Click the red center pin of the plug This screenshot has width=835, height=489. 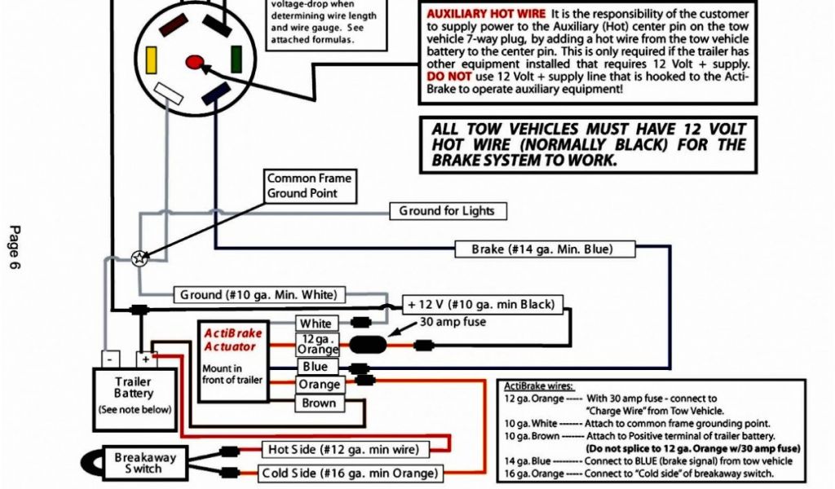point(195,60)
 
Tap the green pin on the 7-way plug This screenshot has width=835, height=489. point(236,59)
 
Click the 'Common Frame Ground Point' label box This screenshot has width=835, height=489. point(309,186)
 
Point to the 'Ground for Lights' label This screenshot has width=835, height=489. point(447,211)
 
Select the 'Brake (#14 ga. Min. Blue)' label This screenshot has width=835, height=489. point(542,249)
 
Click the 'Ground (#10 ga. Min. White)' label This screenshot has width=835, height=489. point(258,294)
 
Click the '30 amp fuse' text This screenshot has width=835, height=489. point(453,322)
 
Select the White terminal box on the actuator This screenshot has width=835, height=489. point(316,324)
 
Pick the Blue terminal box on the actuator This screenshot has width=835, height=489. point(315,366)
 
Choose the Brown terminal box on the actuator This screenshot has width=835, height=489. point(319,403)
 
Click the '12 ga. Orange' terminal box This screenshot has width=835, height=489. point(316,344)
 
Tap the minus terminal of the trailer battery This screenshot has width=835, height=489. point(110,359)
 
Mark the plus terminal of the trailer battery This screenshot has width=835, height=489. point(145,359)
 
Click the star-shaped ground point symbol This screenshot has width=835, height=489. point(139,258)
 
